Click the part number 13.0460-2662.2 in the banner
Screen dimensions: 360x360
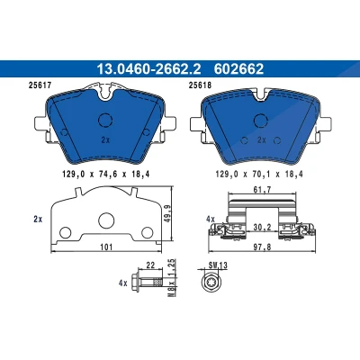tap(148, 69)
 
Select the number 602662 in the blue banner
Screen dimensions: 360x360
tap(238, 69)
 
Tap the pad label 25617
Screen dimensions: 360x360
tap(40, 85)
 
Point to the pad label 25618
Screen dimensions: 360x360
tap(200, 85)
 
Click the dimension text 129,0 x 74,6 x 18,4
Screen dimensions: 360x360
tap(106, 174)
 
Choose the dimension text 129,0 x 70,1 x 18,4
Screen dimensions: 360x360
tap(259, 174)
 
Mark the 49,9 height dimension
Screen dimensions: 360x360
tap(166, 214)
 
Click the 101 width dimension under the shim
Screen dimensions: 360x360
tap(106, 247)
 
